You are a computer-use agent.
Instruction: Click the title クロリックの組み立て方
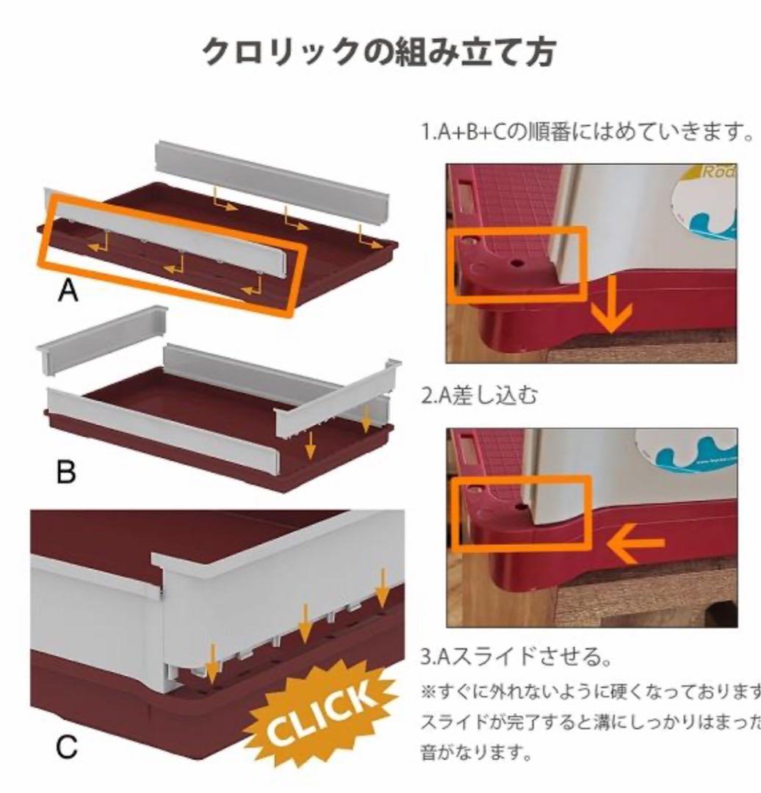pyautogui.click(x=378, y=51)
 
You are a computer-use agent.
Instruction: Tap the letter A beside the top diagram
pyautogui.click(x=68, y=292)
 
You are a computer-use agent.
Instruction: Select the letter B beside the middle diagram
pyautogui.click(x=66, y=472)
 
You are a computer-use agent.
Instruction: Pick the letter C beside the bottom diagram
pyautogui.click(x=67, y=747)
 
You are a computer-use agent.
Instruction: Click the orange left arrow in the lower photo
pyautogui.click(x=635, y=543)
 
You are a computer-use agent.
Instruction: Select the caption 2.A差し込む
pyautogui.click(x=479, y=396)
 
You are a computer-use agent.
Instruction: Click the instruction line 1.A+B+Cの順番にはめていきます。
pyautogui.click(x=588, y=133)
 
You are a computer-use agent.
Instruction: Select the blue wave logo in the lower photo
pyautogui.click(x=698, y=448)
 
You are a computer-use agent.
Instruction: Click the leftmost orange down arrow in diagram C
pyautogui.click(x=212, y=662)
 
